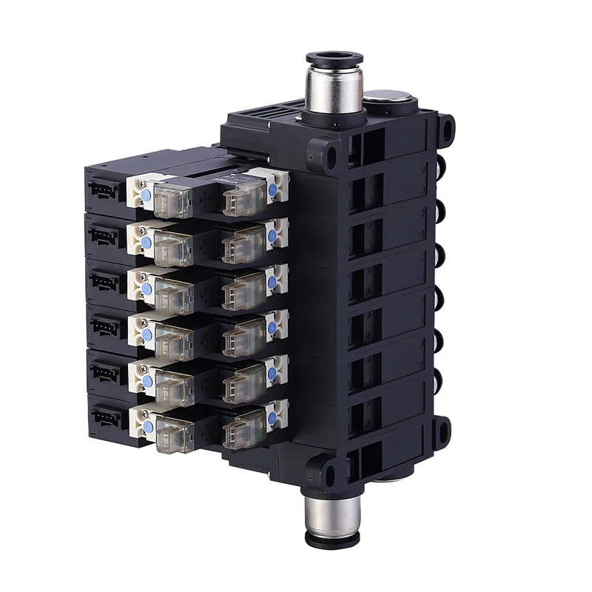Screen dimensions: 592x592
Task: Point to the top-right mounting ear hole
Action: (x=446, y=127)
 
